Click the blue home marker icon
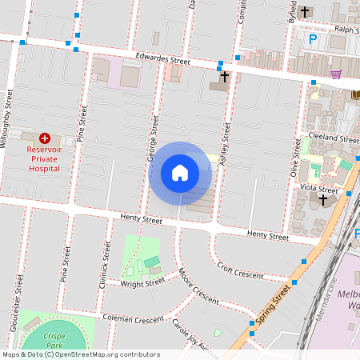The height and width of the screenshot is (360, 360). pyautogui.click(x=180, y=173)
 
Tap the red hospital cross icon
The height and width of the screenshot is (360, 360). pyautogui.click(x=44, y=138)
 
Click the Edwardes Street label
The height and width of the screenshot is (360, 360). pyautogui.click(x=162, y=60)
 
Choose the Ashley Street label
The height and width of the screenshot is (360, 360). pyautogui.click(x=225, y=145)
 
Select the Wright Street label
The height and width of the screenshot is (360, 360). pyautogui.click(x=143, y=282)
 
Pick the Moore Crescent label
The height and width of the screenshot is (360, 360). pyautogui.click(x=199, y=286)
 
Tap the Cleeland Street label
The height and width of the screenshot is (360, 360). pyautogui.click(x=338, y=138)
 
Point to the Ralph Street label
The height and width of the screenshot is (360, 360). pyautogui.click(x=345, y=28)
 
